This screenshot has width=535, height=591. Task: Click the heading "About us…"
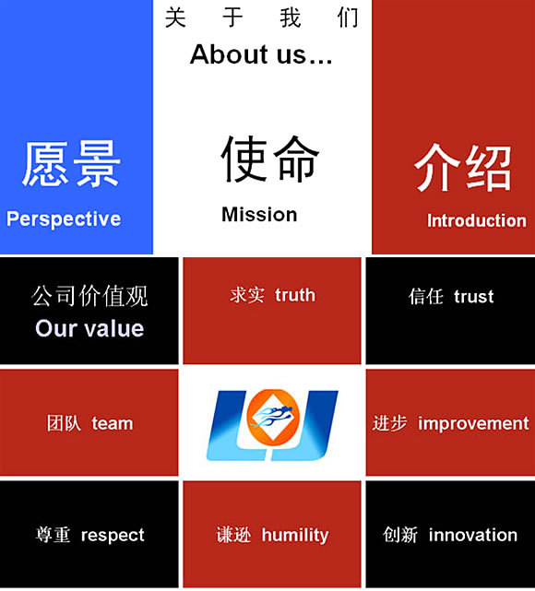click(261, 54)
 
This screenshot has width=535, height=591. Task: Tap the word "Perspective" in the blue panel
click(64, 219)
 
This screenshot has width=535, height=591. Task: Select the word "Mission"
click(259, 215)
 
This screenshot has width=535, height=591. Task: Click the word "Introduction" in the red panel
click(477, 221)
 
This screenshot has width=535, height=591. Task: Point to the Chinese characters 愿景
click(71, 164)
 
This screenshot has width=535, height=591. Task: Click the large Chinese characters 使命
click(270, 159)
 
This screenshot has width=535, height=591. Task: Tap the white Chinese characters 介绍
click(463, 168)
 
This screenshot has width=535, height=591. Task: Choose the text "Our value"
click(89, 328)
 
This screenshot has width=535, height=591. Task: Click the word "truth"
click(295, 295)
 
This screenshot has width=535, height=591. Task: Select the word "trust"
click(474, 297)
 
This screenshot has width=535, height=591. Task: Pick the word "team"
click(113, 423)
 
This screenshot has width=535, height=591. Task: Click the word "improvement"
click(473, 423)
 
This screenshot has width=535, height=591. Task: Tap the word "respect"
click(113, 535)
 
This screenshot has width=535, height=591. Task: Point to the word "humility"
click(295, 535)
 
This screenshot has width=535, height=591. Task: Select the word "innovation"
click(473, 535)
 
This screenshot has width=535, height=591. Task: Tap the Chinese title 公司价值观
click(89, 296)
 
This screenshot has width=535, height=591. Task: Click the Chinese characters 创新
click(400, 535)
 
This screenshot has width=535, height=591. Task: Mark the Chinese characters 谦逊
click(233, 535)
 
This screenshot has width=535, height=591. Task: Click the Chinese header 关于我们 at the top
click(262, 18)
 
